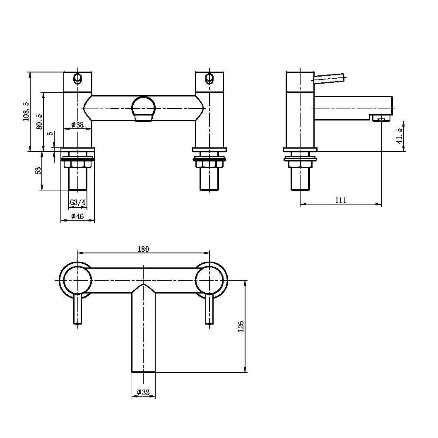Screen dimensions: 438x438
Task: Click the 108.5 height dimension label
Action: click(26, 111)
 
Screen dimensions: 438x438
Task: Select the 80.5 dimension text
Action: click(39, 121)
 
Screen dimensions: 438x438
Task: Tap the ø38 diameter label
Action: click(77, 125)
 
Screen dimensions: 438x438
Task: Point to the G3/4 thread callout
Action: click(78, 202)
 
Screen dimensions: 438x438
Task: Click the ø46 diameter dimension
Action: click(77, 216)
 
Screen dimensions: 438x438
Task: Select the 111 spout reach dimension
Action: click(341, 200)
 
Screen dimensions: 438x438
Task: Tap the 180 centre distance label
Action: click(144, 249)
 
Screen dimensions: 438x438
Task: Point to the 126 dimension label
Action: click(241, 327)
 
